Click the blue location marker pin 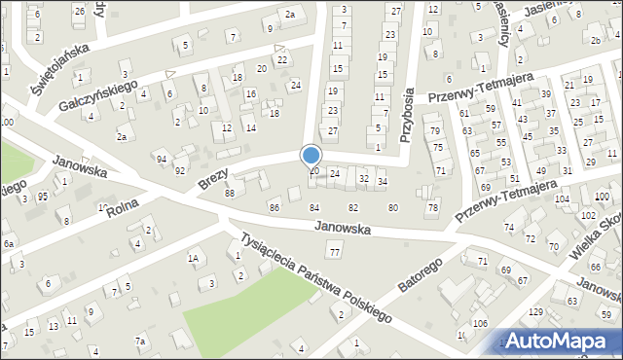tap(311, 157)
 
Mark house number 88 tap(230, 193)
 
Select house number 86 tap(275, 207)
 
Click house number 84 tap(314, 207)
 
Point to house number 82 tap(353, 207)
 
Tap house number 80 tap(392, 207)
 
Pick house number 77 tap(335, 253)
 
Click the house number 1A tap(194, 258)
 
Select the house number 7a tap(140, 341)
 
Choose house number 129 tap(535, 311)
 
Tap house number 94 tap(162, 159)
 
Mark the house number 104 tap(562, 198)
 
